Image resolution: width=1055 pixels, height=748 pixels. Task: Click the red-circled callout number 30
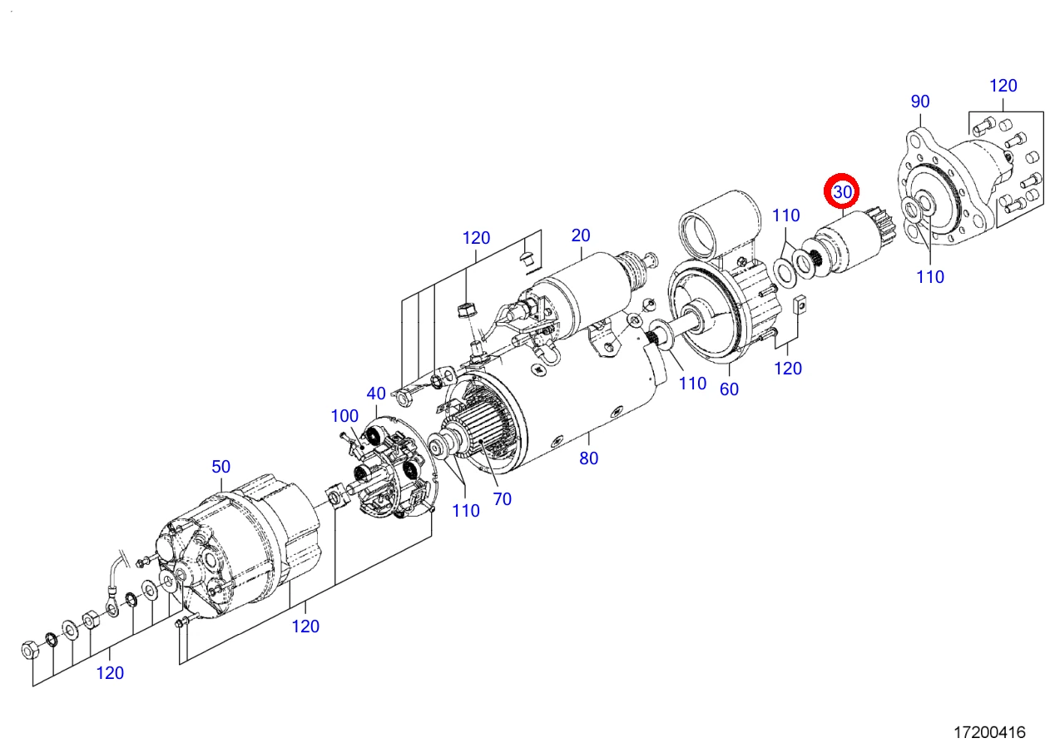[x=843, y=192]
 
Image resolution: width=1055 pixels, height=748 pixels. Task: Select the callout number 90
[x=920, y=102]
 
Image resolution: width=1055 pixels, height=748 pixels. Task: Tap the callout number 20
[x=580, y=235]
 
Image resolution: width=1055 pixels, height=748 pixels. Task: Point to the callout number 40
[x=376, y=393]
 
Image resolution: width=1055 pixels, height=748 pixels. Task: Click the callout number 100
[x=344, y=415]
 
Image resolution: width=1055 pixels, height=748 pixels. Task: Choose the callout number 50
[x=220, y=466]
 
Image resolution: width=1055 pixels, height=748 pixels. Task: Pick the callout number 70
[x=502, y=499]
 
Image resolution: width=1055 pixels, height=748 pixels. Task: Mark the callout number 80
[x=589, y=458]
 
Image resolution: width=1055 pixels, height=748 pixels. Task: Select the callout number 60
[x=729, y=389]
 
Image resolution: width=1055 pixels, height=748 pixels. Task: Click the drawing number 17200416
[x=989, y=732]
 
